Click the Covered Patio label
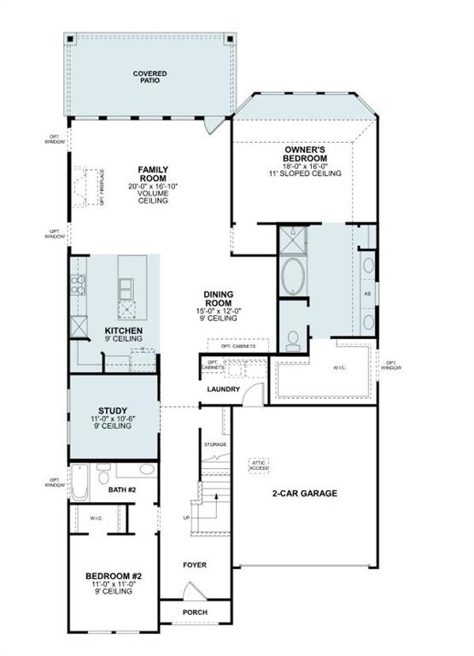(x=149, y=79)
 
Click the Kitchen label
(x=124, y=332)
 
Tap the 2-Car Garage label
(x=306, y=494)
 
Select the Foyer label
(x=195, y=565)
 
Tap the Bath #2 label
(x=122, y=489)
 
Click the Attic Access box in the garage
(x=260, y=466)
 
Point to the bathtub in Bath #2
(x=80, y=483)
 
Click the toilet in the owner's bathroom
(x=292, y=340)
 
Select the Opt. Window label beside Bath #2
(x=54, y=483)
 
